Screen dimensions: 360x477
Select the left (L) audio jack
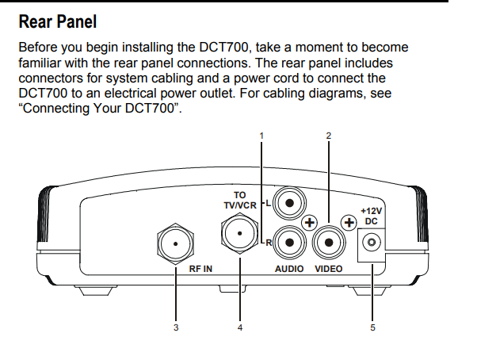tap(290, 204)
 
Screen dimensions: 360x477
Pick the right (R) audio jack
tap(290, 243)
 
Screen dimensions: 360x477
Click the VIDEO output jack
tap(329, 243)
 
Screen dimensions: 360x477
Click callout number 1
tap(261, 136)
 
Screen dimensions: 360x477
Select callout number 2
tap(329, 136)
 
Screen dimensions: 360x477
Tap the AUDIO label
tap(289, 269)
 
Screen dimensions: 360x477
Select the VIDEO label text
tap(329, 269)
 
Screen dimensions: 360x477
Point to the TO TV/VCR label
tap(238, 199)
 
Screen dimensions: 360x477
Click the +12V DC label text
tap(371, 216)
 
